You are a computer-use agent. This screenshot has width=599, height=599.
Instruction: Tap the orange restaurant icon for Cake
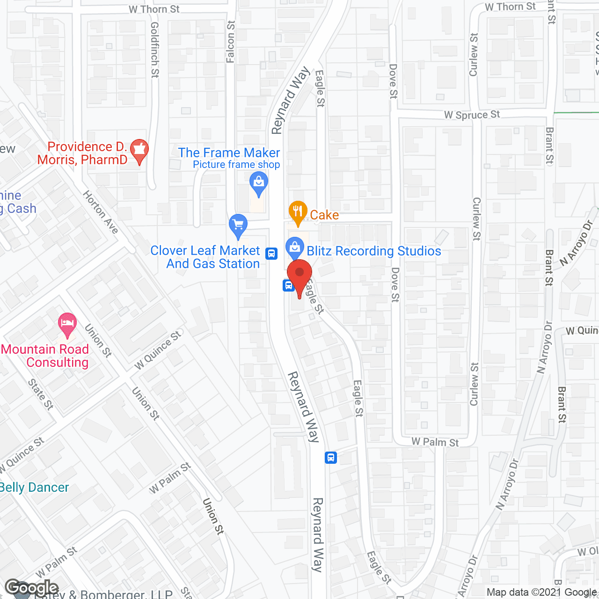coord(298,212)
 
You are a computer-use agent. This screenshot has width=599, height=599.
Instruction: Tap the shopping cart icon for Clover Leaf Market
coord(238,226)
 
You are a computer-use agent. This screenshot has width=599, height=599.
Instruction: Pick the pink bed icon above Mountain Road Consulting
coord(67,323)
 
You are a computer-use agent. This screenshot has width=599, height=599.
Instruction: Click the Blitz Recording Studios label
coord(373,251)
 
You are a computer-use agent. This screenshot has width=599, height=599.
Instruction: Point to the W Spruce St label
coord(472,115)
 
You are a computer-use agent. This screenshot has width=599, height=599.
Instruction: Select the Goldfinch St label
coord(155,50)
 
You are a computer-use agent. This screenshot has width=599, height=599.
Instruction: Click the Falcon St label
coord(231,41)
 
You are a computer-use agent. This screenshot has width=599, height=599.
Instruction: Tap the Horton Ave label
coord(101,212)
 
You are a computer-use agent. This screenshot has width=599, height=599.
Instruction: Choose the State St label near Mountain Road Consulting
coord(41,394)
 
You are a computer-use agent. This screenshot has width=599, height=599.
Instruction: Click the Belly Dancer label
coord(34,488)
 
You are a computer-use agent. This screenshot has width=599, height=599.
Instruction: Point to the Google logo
coord(32,588)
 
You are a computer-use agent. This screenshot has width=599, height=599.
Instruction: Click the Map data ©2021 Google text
coord(542,592)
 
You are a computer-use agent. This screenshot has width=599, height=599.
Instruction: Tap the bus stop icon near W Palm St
coord(331,457)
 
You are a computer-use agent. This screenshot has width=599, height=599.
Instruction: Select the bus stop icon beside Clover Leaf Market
coord(271,253)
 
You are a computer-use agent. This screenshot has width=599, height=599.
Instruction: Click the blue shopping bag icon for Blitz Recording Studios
coord(294,247)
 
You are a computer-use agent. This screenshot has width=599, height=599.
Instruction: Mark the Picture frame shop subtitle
coord(236,165)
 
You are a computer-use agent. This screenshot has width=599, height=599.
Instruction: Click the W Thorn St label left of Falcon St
coord(154,9)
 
